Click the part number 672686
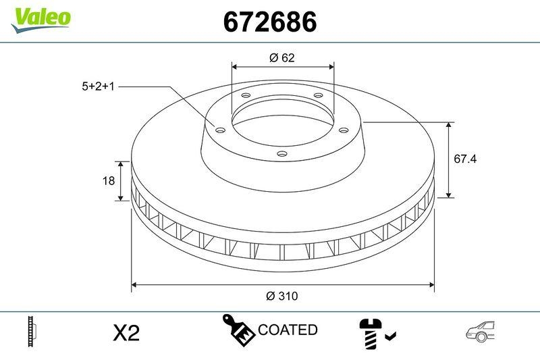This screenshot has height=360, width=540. tap(269, 23)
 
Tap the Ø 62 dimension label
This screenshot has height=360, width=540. tap(282, 58)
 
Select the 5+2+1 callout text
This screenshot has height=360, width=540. tap(98, 86)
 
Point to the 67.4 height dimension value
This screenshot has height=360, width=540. tap(465, 159)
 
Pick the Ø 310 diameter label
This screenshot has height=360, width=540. tap(282, 297)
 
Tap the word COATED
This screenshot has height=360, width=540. tap(288, 330)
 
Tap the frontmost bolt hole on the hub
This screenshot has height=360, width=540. tap(282, 154)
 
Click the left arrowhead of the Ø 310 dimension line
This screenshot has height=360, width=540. tap(134, 284)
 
